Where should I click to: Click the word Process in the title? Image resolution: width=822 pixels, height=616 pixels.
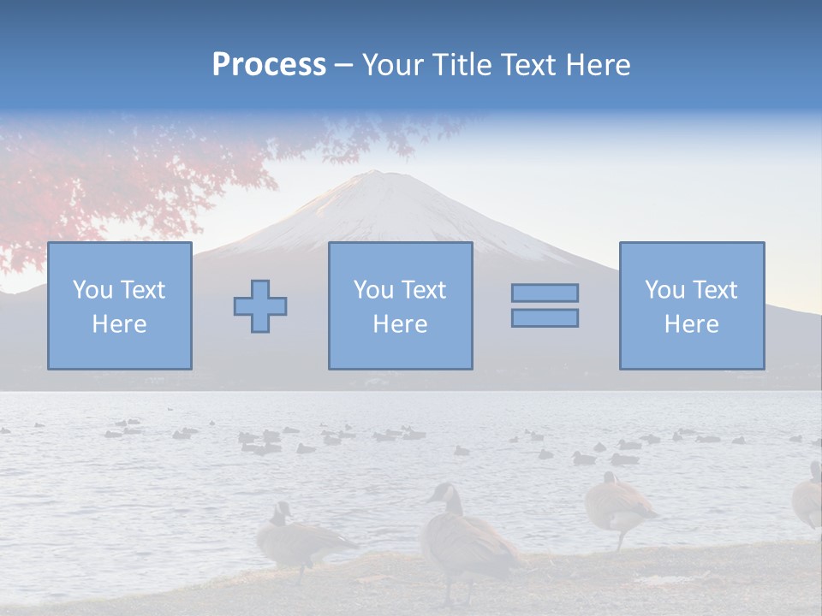click(x=269, y=65)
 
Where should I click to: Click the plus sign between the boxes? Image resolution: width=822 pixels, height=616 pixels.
click(x=260, y=306)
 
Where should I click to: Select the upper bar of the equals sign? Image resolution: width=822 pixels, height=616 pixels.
click(x=545, y=293)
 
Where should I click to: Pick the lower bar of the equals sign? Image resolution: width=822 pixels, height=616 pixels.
click(x=545, y=318)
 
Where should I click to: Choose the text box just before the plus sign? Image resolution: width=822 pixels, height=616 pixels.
click(x=120, y=305)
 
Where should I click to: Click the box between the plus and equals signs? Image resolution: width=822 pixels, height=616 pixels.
click(x=400, y=305)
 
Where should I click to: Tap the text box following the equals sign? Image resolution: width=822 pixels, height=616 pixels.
click(x=692, y=305)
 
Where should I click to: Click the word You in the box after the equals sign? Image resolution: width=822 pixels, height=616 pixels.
click(x=664, y=290)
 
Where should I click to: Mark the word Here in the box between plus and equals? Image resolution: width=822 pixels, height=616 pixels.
click(x=400, y=324)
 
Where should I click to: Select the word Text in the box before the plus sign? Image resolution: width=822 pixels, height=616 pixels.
click(x=142, y=290)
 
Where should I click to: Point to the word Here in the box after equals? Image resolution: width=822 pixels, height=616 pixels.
click(x=692, y=324)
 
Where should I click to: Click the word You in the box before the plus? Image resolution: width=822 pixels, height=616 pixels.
click(x=92, y=290)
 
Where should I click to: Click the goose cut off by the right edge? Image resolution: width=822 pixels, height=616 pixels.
click(x=808, y=496)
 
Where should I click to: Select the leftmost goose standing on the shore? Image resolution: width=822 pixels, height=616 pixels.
click(x=300, y=539)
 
